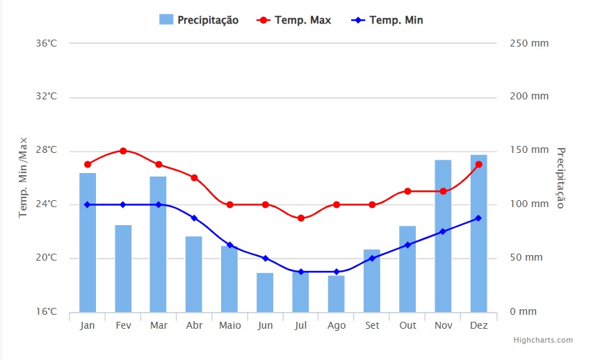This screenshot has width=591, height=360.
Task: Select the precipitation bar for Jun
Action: (265, 293)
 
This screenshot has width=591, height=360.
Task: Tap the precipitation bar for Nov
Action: (443, 236)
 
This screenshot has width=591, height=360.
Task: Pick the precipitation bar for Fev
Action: (123, 268)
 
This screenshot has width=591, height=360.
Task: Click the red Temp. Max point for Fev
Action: (123, 151)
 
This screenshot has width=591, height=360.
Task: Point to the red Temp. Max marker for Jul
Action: (300, 218)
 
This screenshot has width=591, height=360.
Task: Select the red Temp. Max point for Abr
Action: (194, 178)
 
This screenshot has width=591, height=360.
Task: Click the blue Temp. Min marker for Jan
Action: (88, 204)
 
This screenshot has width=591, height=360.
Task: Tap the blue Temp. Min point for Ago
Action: (337, 272)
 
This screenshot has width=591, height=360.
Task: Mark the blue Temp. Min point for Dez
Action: (478, 218)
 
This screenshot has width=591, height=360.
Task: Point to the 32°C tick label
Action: (46, 97)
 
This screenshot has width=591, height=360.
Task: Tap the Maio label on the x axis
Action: (229, 325)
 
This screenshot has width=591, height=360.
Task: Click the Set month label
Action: (372, 325)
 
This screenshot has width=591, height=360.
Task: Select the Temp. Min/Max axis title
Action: (23, 177)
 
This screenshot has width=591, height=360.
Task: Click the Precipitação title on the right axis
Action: (561, 177)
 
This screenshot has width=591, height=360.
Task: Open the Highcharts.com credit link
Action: (543, 340)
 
